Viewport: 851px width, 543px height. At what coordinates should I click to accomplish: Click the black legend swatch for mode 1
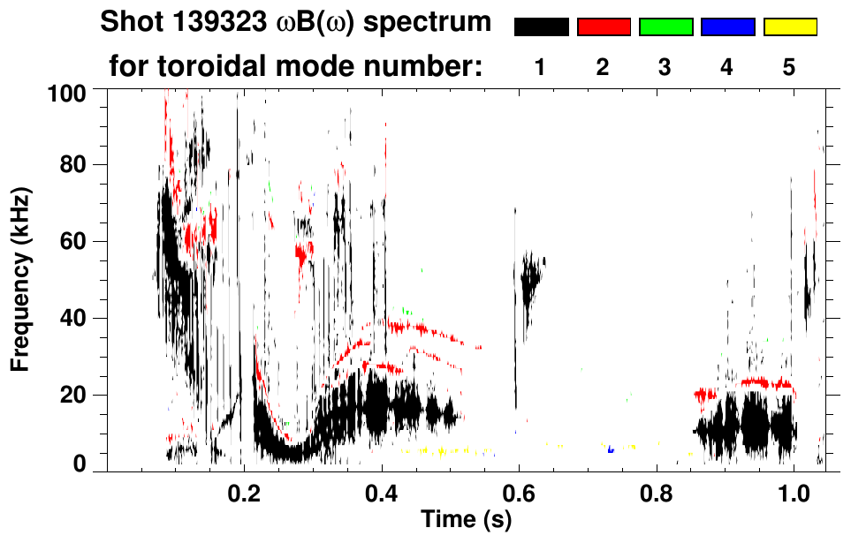tap(541, 27)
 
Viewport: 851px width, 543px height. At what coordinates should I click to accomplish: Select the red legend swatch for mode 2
tap(604, 27)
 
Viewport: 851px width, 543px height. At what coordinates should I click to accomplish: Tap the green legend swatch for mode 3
tap(665, 27)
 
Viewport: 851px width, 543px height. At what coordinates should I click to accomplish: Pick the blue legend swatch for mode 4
tap(727, 27)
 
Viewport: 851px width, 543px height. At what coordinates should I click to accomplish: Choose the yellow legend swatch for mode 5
tap(790, 27)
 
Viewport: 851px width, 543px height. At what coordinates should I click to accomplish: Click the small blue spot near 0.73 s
tap(611, 450)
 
